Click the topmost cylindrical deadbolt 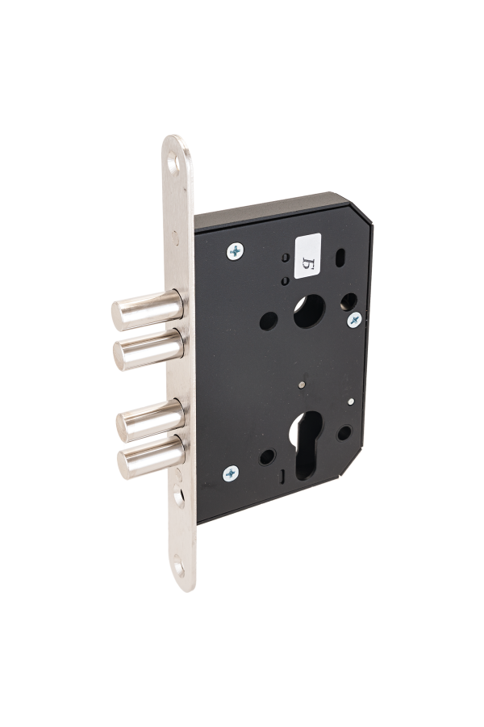(148, 309)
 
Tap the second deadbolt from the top (148, 349)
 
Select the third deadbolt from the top (151, 420)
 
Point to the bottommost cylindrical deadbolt (152, 456)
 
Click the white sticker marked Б (307, 255)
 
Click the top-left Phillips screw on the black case (236, 251)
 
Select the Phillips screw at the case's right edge (354, 319)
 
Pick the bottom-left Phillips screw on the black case (231, 473)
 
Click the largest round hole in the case (310, 311)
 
